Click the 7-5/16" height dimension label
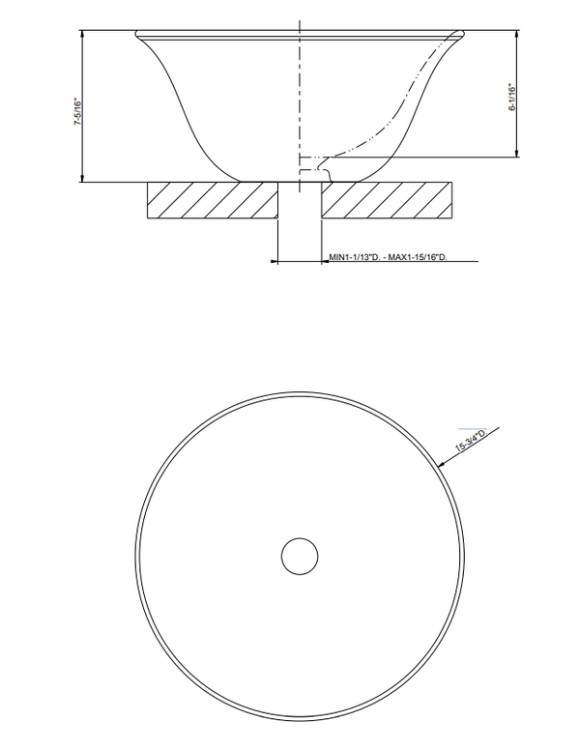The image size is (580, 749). pyautogui.click(x=78, y=112)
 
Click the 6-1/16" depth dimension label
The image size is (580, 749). pyautogui.click(x=512, y=98)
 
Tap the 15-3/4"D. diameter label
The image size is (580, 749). pyautogui.click(x=472, y=441)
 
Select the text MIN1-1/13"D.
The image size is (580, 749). pyautogui.click(x=354, y=257)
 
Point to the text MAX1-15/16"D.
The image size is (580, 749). pyautogui.click(x=418, y=257)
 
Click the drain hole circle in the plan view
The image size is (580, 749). pyautogui.click(x=300, y=556)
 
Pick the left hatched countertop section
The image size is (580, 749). pyautogui.click(x=213, y=200)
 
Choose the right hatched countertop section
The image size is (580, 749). pyautogui.click(x=387, y=200)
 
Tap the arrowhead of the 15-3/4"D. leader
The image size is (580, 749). pyautogui.click(x=442, y=463)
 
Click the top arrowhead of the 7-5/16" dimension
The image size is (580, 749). pyautogui.click(x=82, y=34)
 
